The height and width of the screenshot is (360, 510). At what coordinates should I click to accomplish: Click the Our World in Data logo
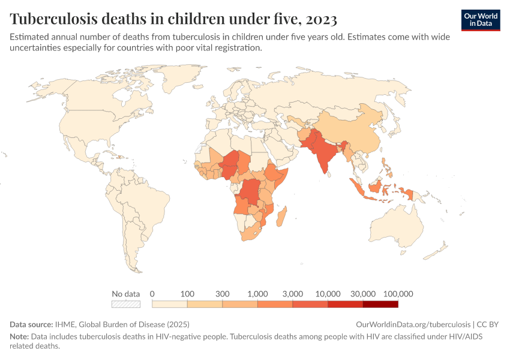click(x=481, y=20)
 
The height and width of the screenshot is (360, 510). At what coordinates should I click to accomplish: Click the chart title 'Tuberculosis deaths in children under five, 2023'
click(x=173, y=19)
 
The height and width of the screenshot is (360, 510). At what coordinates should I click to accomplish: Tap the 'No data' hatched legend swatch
click(x=126, y=304)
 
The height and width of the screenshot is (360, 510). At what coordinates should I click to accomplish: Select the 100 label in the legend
click(x=187, y=294)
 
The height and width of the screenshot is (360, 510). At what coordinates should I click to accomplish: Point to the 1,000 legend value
click(x=257, y=294)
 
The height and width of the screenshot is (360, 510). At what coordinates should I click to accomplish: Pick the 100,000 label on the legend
click(x=398, y=294)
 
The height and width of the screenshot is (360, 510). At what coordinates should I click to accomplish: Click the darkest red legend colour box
click(x=380, y=304)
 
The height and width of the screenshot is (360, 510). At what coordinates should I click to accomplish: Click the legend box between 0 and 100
click(x=170, y=304)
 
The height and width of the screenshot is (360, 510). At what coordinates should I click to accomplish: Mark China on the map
click(x=354, y=132)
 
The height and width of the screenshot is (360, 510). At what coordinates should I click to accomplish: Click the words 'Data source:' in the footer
click(x=31, y=325)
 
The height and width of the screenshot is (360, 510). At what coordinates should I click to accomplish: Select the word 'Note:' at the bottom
click(x=19, y=337)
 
